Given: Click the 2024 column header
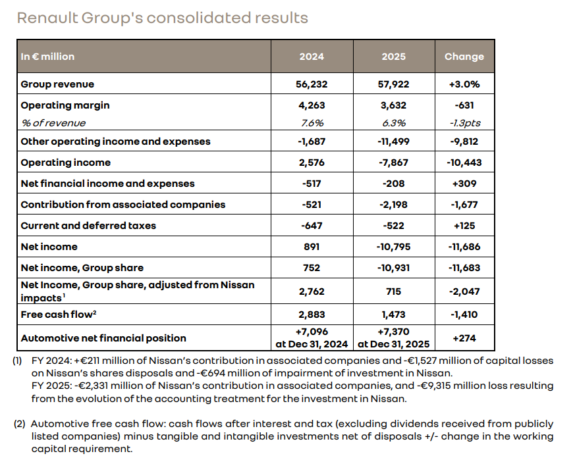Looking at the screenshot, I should [312, 57].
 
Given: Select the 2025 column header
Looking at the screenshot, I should [394, 57].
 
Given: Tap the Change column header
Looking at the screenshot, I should [464, 57].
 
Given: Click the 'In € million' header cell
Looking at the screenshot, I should [47, 57].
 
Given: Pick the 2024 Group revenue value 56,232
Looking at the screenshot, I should [312, 84].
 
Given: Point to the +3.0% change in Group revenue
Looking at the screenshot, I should [464, 84].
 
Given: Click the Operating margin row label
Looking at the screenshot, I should [65, 105].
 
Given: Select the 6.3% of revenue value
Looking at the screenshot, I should [394, 123].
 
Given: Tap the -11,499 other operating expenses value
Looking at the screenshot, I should [394, 141].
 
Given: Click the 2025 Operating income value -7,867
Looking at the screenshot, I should [394, 163].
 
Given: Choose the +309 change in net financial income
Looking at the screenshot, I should [464, 184].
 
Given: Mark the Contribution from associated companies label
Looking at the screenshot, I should [123, 205].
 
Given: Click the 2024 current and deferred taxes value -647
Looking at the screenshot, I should [312, 226].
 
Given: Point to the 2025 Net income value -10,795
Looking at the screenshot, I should [394, 247].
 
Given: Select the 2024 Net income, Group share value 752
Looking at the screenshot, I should [312, 268].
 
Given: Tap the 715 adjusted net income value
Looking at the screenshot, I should [394, 291].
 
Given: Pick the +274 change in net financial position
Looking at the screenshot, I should [464, 338].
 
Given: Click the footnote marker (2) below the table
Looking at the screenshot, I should [20, 424].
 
